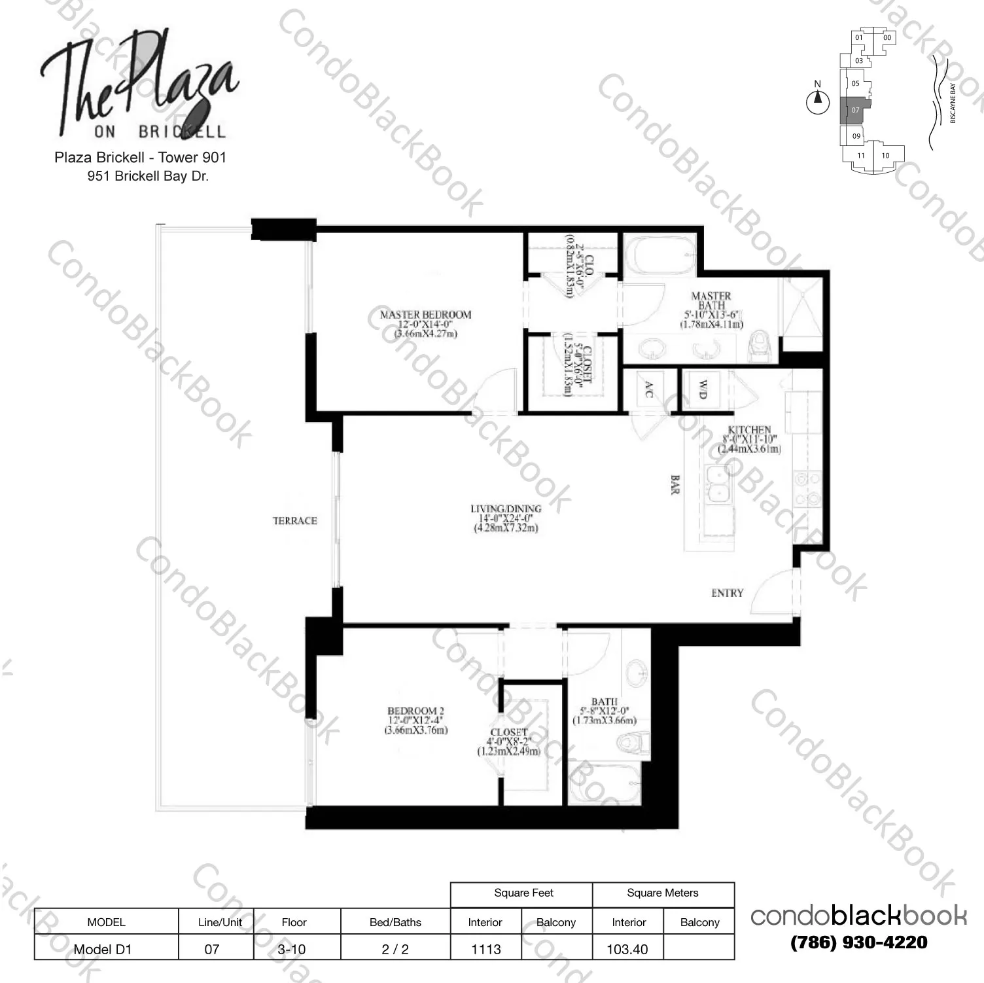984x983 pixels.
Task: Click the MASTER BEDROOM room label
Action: click(x=425, y=315)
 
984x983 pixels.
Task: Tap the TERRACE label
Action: click(x=294, y=521)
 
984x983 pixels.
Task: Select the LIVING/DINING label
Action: click(x=506, y=509)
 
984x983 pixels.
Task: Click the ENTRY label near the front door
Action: click(x=727, y=593)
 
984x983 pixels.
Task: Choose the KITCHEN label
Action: click(x=749, y=431)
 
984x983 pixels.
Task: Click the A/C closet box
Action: click(x=649, y=390)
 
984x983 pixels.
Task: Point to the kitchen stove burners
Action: click(x=807, y=490)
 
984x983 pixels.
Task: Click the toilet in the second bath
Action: click(x=633, y=743)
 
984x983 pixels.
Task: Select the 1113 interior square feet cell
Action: click(x=485, y=948)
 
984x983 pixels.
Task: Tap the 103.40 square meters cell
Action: click(x=627, y=948)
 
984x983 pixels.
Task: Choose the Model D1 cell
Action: click(x=103, y=948)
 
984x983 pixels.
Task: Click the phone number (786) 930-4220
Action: click(x=858, y=942)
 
